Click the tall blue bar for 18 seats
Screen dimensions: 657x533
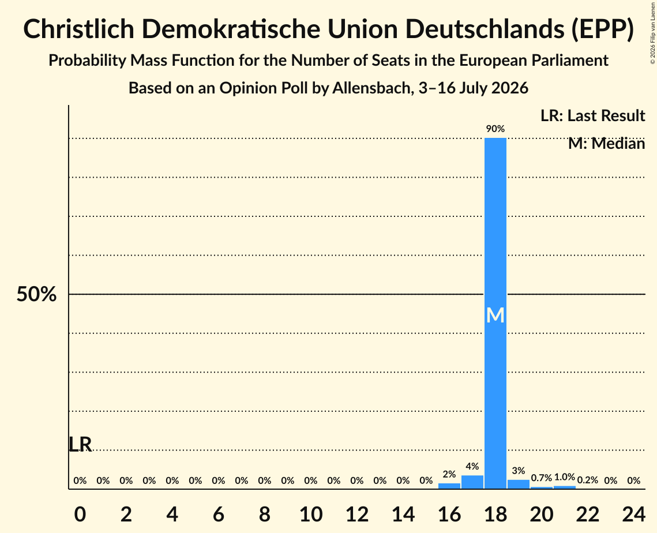click(x=495, y=313)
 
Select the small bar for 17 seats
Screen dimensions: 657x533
click(x=472, y=482)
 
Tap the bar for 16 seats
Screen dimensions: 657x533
click(x=449, y=486)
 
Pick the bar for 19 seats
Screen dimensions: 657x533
click(x=519, y=484)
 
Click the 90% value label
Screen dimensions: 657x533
click(x=495, y=129)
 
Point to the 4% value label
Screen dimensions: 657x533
click(x=472, y=466)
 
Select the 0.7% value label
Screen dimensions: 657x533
click(x=542, y=478)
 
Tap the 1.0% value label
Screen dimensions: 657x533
click(x=564, y=477)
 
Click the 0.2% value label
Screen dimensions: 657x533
click(x=587, y=480)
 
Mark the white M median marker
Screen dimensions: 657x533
click(x=495, y=316)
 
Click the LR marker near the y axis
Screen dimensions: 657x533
click(x=80, y=445)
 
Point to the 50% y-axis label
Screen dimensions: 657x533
click(x=36, y=294)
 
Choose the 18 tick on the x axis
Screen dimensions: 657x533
click(x=495, y=515)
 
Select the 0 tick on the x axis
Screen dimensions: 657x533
click(x=80, y=515)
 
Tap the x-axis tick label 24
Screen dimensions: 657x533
click(x=633, y=515)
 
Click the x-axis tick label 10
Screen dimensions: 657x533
click(x=311, y=515)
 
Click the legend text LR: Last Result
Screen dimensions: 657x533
click(x=592, y=115)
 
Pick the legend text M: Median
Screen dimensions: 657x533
click(x=606, y=144)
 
